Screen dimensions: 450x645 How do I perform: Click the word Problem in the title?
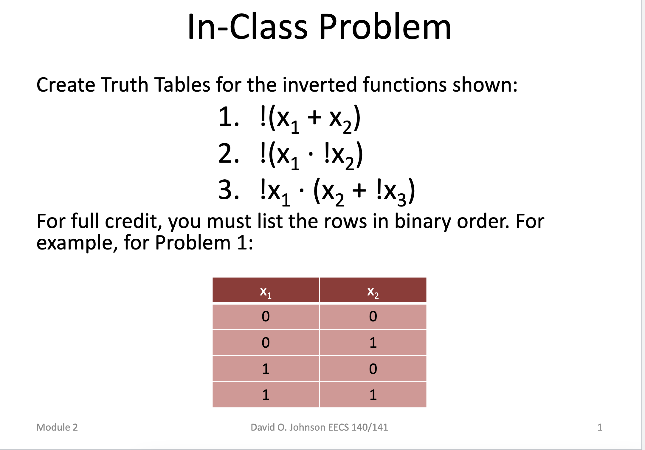[385, 27]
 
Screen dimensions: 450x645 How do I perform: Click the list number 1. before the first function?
[229, 117]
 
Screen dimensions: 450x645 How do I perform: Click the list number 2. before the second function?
[229, 154]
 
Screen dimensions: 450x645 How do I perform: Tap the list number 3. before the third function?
[229, 190]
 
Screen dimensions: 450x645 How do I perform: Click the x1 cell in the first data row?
[266, 316]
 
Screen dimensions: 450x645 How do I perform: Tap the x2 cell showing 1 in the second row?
[373, 343]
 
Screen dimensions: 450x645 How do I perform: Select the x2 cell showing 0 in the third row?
[373, 369]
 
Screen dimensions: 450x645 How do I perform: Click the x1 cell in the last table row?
[266, 395]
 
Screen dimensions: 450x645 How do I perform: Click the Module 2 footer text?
[57, 427]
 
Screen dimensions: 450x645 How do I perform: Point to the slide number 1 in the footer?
[600, 427]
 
